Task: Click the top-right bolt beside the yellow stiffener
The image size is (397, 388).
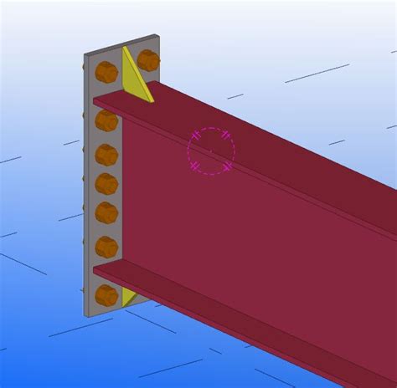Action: point(148,60)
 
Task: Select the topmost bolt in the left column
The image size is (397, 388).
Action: point(106,72)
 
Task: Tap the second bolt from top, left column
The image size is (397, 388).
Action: point(106,122)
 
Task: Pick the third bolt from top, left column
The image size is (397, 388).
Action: point(106,155)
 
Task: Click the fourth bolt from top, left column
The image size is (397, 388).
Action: point(106,183)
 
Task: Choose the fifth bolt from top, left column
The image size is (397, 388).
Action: point(106,212)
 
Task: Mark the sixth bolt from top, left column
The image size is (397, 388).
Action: point(106,247)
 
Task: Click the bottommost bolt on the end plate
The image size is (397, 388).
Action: point(106,295)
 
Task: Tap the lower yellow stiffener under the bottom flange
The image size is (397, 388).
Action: point(129,296)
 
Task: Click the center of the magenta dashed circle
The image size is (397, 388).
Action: point(211,151)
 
